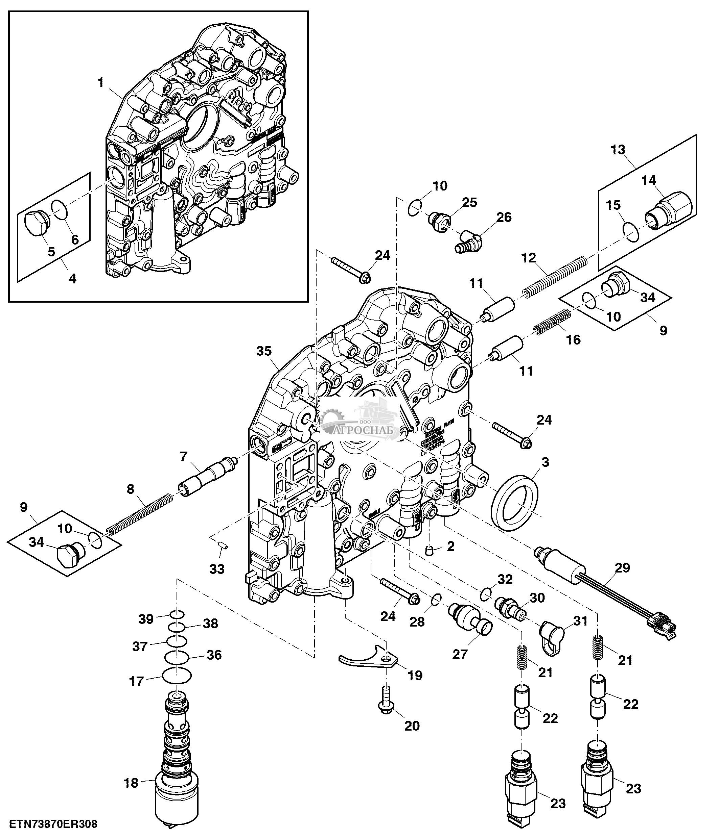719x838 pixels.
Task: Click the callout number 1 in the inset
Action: point(101,83)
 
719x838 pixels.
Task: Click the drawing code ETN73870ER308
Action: point(53,824)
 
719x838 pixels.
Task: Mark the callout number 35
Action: point(263,351)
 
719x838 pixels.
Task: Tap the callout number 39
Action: point(146,619)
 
